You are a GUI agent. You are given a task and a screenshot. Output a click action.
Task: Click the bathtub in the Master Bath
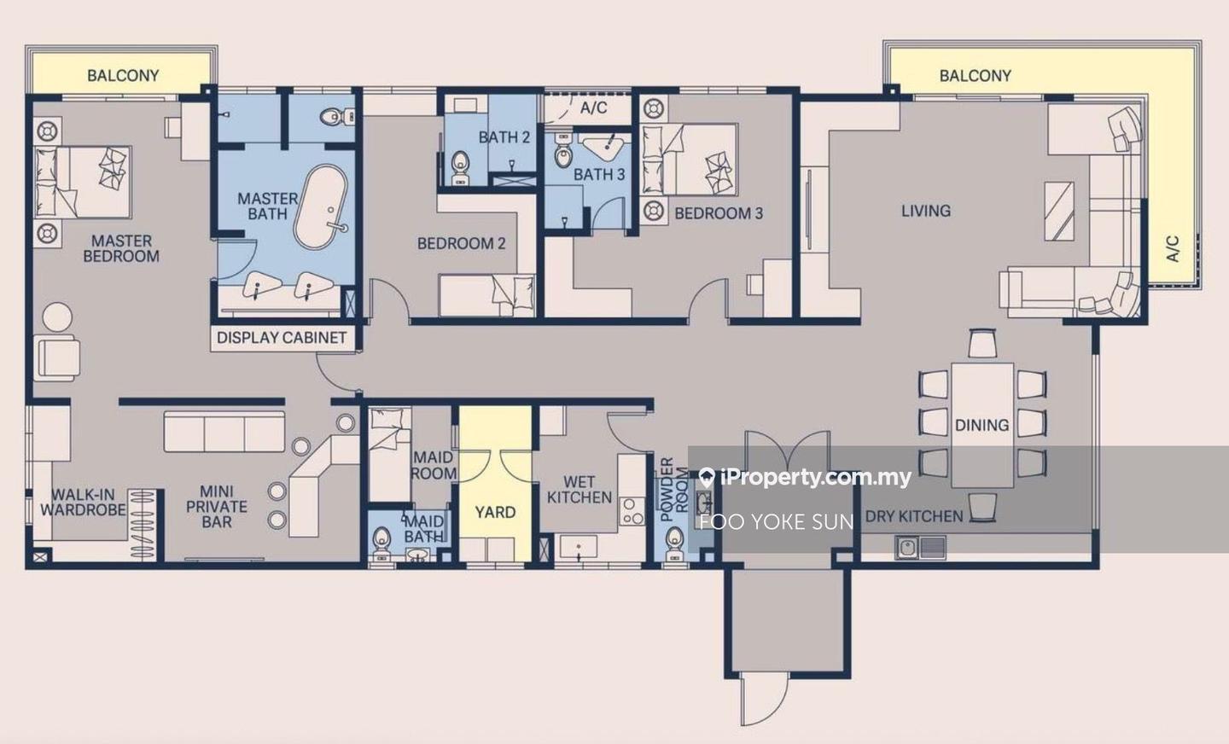click(321, 206)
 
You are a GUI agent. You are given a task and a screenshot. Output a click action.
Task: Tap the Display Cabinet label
click(282, 337)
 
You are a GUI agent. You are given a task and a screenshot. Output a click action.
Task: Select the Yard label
click(495, 512)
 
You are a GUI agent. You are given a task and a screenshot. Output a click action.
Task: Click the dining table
click(982, 425)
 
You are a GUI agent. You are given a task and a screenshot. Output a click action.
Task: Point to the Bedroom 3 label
click(719, 213)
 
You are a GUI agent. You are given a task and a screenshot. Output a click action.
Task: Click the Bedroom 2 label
click(461, 243)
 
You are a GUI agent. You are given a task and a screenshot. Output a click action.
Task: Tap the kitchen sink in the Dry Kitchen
click(920, 547)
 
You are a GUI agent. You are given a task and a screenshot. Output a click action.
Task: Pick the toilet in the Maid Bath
click(381, 543)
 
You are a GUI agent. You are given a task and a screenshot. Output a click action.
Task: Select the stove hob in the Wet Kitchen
click(632, 511)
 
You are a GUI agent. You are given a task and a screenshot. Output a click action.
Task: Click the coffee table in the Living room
click(1059, 212)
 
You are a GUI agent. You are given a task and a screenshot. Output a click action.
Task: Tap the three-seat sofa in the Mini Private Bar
click(224, 432)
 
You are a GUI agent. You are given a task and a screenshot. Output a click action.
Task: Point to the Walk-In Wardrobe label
click(83, 502)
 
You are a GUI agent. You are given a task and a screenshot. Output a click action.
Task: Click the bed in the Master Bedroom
click(83, 182)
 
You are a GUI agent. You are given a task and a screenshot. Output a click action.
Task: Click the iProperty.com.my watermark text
click(805, 477)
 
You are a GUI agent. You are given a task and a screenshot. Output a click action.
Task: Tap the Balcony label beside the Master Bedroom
click(123, 75)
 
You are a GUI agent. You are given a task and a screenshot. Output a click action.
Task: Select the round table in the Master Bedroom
click(58, 317)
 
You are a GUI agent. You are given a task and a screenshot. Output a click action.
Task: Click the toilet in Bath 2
click(461, 168)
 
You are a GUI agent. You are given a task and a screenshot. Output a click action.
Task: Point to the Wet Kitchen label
click(580, 490)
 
